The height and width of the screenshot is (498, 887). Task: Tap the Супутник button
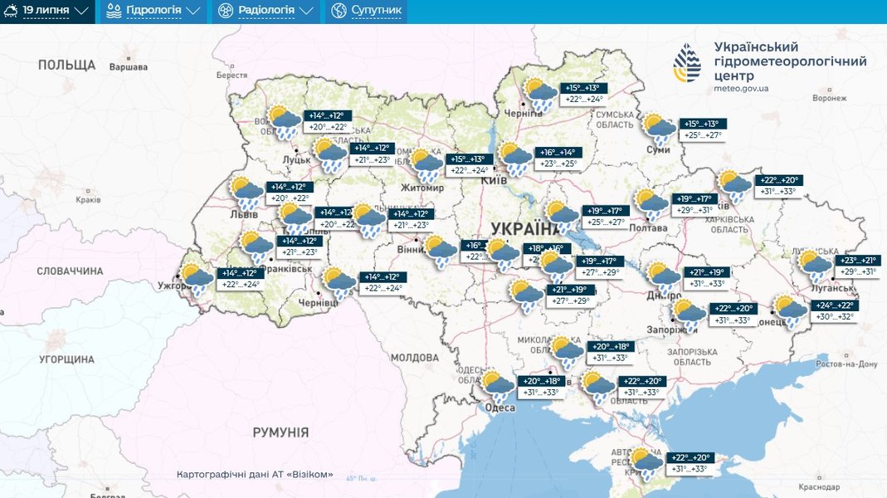(x=367, y=11)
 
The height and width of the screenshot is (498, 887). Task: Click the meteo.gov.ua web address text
(x=741, y=88)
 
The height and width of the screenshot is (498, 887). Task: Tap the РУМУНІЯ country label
(x=280, y=432)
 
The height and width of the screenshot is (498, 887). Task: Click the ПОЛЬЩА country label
(x=66, y=65)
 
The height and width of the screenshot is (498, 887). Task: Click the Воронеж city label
(x=829, y=98)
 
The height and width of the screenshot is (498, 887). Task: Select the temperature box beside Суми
(x=702, y=129)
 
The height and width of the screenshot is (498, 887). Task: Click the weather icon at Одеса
(x=498, y=387)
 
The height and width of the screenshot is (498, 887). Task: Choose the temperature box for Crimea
(x=690, y=463)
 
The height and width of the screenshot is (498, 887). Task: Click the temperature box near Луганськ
(x=859, y=266)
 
